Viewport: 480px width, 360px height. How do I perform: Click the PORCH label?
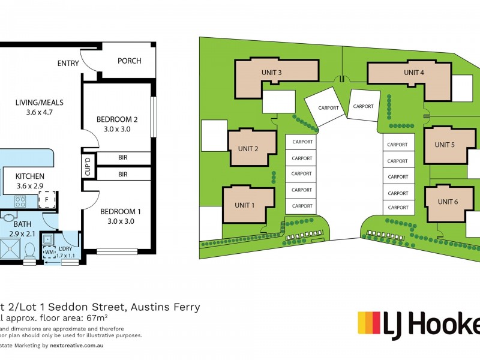(130, 61)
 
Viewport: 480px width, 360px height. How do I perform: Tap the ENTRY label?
(69, 64)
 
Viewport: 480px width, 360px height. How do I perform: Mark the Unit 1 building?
(245, 205)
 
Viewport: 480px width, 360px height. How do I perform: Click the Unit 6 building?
(448, 202)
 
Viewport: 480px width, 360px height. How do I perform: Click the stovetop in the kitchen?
(19, 201)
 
